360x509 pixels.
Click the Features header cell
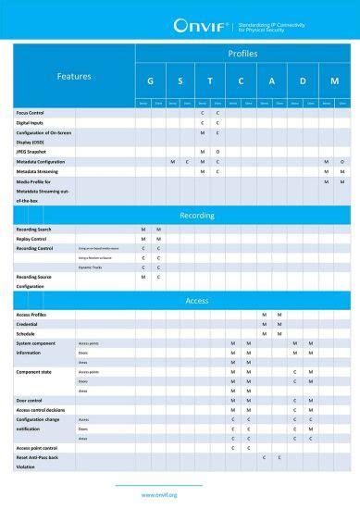pos(74,76)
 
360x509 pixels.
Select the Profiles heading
pos(242,54)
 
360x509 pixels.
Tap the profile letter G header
pos(150,81)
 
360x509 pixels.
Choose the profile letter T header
pos(210,81)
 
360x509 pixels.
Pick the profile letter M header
pos(334,81)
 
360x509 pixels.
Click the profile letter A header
pos(271,81)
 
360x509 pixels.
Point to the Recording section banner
pos(196,215)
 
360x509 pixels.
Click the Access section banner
pos(196,301)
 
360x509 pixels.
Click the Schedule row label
pos(28,334)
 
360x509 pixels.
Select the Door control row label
pos(31,401)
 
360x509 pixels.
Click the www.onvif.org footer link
pos(159,494)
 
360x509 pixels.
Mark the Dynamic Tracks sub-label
pos(91,267)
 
